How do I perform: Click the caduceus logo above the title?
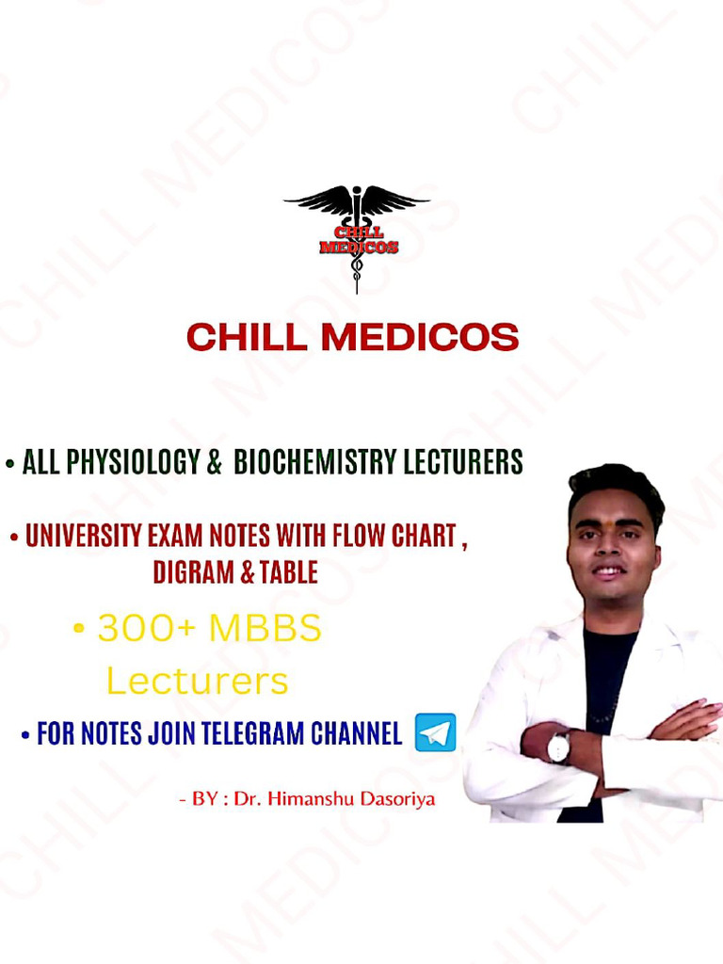coord(357,236)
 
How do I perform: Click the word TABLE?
coord(288,572)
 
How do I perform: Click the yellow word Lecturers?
coord(197,681)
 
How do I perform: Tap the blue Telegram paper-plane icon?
coord(435,732)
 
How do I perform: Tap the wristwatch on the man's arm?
coord(558,747)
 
